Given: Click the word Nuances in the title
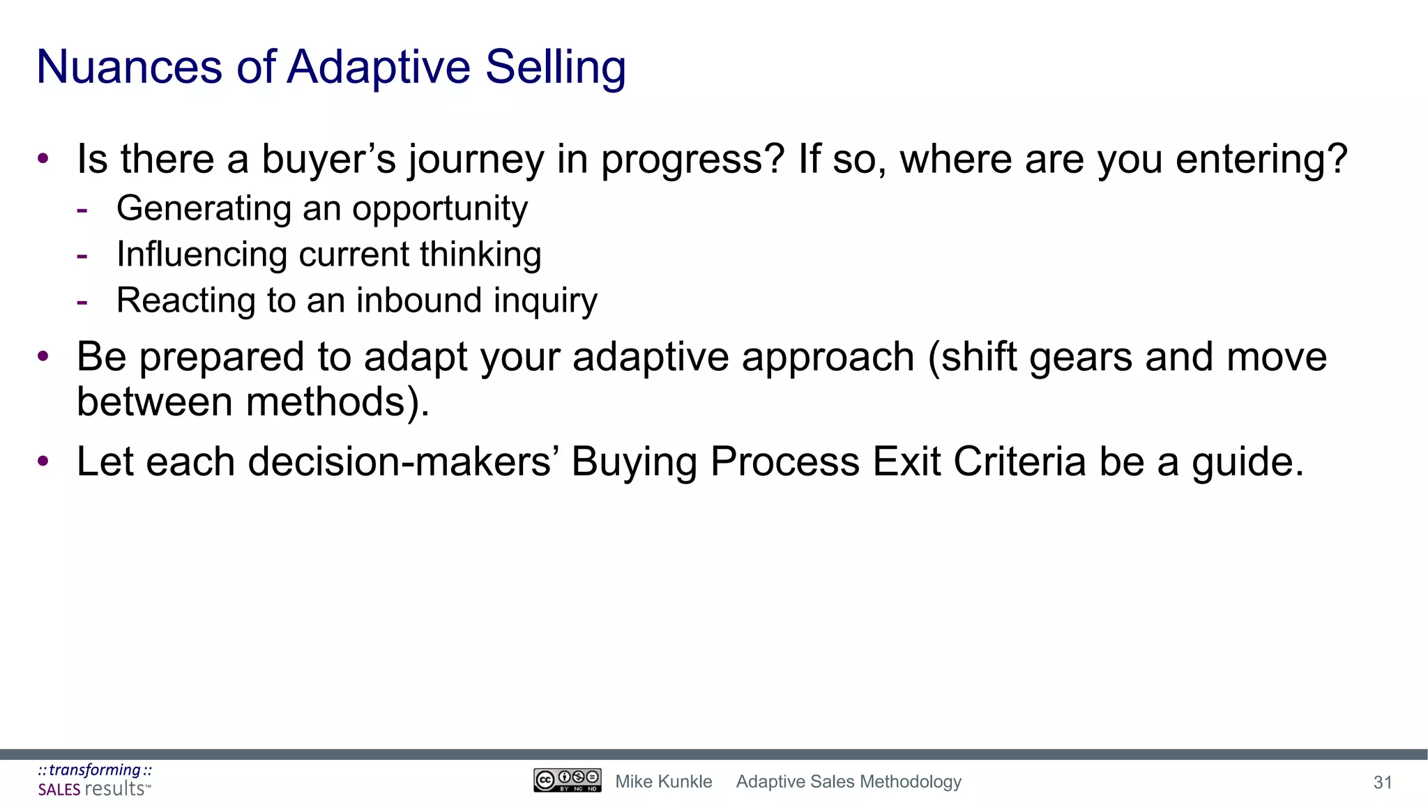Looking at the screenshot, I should pos(129,68).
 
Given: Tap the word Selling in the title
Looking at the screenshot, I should pos(555,68).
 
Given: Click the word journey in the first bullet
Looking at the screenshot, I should pos(476,160).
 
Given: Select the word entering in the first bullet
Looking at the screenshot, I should pos(1261,160).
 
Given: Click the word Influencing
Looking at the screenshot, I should pos(202,254).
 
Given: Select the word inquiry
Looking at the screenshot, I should pos(546,301).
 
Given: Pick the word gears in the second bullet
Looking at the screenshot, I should pos(1080,358).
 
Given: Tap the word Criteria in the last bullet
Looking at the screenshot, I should pos(1019,462).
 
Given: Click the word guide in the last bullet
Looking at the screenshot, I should pos(1247,462).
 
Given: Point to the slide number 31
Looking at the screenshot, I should pos(1382,783).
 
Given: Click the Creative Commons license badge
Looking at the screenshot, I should pos(567,781).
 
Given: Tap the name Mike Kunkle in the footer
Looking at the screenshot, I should pos(663,782).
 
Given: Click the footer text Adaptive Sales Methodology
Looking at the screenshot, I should pos(849,782).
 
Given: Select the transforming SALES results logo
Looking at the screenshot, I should pos(95,780).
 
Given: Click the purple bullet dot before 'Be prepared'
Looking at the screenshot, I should pos(43,357).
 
